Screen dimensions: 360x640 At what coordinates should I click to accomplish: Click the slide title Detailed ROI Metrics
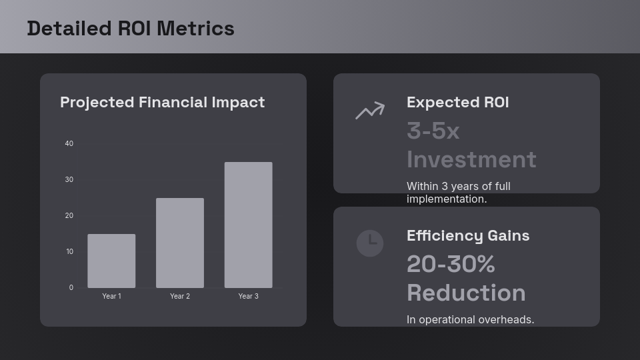(131, 29)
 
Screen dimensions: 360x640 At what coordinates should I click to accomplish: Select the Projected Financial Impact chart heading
(162, 102)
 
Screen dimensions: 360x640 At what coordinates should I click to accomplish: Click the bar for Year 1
(111, 261)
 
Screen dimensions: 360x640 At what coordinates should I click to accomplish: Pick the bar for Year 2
(180, 243)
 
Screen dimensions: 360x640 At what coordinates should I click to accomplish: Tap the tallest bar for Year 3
(248, 225)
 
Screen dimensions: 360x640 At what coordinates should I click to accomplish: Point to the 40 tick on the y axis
(69, 143)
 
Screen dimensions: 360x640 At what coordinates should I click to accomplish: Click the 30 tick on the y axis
(69, 179)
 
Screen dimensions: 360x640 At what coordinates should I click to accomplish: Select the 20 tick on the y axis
(69, 215)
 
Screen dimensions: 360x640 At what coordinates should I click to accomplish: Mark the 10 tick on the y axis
(69, 251)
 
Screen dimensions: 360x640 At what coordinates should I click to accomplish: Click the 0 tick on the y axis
(71, 287)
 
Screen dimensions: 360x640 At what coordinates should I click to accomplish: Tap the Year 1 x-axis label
(111, 296)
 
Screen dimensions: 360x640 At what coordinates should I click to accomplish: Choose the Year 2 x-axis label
(180, 296)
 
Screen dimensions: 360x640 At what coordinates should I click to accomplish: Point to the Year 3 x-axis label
(248, 296)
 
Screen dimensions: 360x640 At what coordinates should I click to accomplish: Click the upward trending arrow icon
(370, 111)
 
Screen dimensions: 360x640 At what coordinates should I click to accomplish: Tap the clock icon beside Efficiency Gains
(370, 243)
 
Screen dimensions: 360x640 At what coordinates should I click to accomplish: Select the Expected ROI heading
(457, 102)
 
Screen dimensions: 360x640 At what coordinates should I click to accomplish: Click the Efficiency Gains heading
(468, 235)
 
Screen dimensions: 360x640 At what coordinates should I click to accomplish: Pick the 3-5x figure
(433, 131)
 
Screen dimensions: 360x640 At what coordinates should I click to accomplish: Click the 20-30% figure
(451, 265)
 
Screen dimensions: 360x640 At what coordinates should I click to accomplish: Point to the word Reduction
(466, 293)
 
